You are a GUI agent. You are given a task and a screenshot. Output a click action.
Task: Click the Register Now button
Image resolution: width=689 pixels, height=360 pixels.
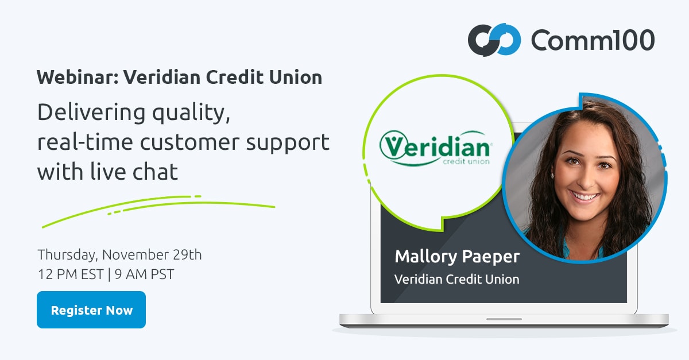coord(91,309)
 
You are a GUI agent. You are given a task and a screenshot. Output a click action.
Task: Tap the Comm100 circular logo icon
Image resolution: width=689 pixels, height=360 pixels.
coord(494,40)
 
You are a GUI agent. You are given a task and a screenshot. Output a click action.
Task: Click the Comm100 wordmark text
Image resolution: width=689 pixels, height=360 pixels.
coord(593,40)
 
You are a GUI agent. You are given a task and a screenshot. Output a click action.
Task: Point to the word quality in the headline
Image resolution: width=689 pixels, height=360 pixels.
coord(191,113)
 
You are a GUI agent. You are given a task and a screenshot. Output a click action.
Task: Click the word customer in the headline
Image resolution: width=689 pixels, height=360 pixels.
coord(190,142)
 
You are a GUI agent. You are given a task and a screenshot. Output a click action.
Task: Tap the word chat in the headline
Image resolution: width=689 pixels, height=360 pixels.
coord(156,171)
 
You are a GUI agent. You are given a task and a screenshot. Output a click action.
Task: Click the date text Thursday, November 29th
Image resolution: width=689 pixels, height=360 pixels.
coord(119,255)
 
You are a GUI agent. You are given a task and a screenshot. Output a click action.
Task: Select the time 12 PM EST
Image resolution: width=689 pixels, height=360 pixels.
coord(71,274)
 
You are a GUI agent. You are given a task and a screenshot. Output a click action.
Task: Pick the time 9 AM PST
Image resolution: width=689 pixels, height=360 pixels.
coord(144,274)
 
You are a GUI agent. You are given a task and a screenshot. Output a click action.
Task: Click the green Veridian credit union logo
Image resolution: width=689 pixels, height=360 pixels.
coord(436,148)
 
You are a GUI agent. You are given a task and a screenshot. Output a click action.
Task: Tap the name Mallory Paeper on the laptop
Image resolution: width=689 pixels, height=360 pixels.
coord(457,257)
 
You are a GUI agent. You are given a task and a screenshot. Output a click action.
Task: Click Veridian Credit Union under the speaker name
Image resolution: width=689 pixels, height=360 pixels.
coord(457,280)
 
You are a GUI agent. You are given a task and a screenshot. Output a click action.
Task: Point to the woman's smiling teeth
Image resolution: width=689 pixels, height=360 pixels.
coord(584,196)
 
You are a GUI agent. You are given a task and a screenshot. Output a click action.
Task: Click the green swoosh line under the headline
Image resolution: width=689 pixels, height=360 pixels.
coord(158,207)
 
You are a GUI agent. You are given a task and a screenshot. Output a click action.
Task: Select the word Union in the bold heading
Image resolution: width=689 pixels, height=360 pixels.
coord(296,76)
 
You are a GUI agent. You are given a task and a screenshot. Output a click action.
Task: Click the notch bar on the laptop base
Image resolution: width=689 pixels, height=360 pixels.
coord(504,319)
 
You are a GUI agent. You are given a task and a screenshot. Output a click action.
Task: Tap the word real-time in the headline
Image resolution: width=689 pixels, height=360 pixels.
coord(85,142)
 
